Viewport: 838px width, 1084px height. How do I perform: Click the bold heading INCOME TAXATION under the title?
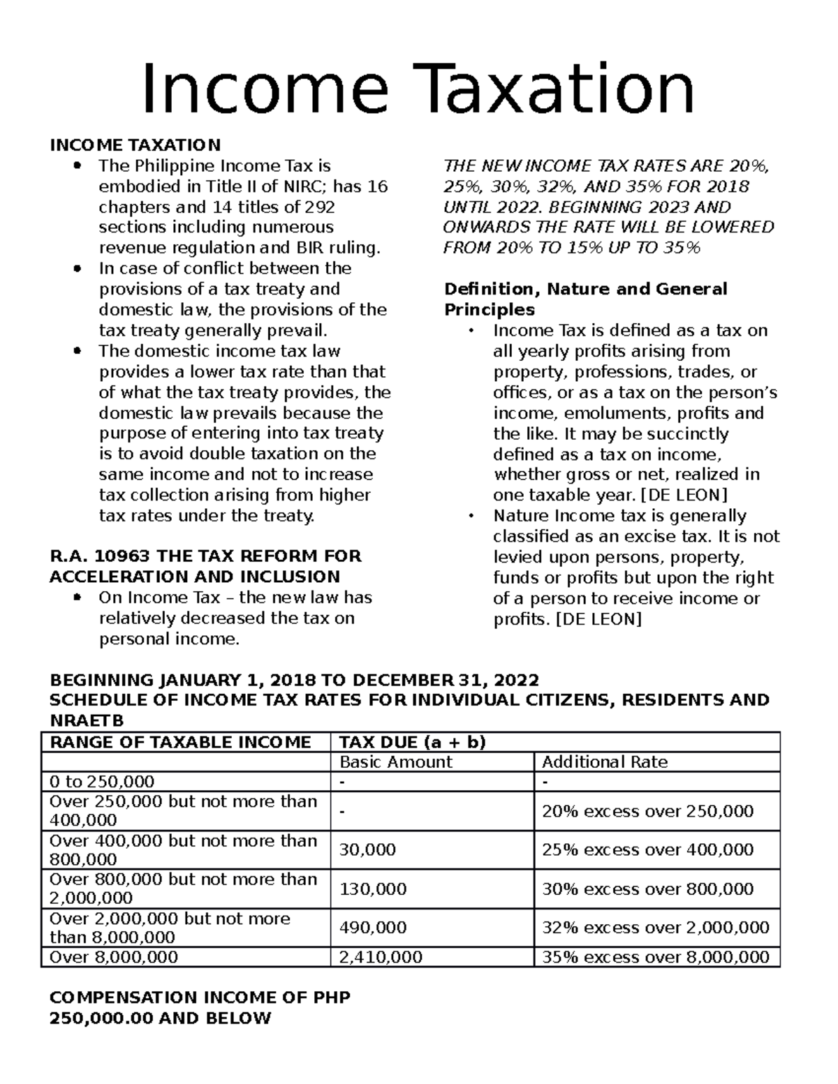[x=135, y=145]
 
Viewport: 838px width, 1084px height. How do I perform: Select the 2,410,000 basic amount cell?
[x=381, y=957]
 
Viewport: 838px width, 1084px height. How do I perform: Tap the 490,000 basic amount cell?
[x=373, y=928]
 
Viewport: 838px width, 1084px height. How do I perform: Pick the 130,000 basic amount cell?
[x=373, y=889]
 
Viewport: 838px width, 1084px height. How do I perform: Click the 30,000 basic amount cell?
[x=367, y=850]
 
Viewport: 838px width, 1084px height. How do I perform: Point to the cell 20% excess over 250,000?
[x=647, y=811]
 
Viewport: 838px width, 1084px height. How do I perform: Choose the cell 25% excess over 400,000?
[x=647, y=850]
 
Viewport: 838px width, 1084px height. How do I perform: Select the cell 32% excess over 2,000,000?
[x=655, y=928]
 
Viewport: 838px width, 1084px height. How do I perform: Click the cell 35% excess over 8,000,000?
[x=655, y=957]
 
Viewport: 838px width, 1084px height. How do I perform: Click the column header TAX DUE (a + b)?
[x=412, y=742]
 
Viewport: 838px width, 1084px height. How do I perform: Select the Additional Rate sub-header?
[x=605, y=762]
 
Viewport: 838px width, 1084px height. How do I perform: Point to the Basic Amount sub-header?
[x=396, y=762]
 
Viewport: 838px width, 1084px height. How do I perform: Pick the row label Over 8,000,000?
[x=114, y=957]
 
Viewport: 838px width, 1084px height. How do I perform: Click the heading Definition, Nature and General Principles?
[x=585, y=299]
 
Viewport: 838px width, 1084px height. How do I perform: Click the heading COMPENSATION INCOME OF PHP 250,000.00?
[x=200, y=1007]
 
